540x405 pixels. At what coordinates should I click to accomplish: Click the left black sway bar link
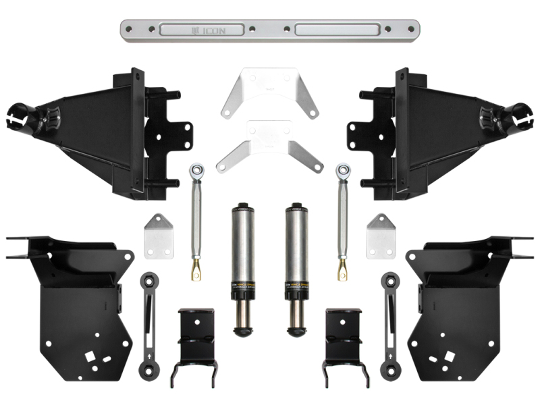(148, 324)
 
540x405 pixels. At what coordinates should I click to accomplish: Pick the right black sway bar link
(390, 324)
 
